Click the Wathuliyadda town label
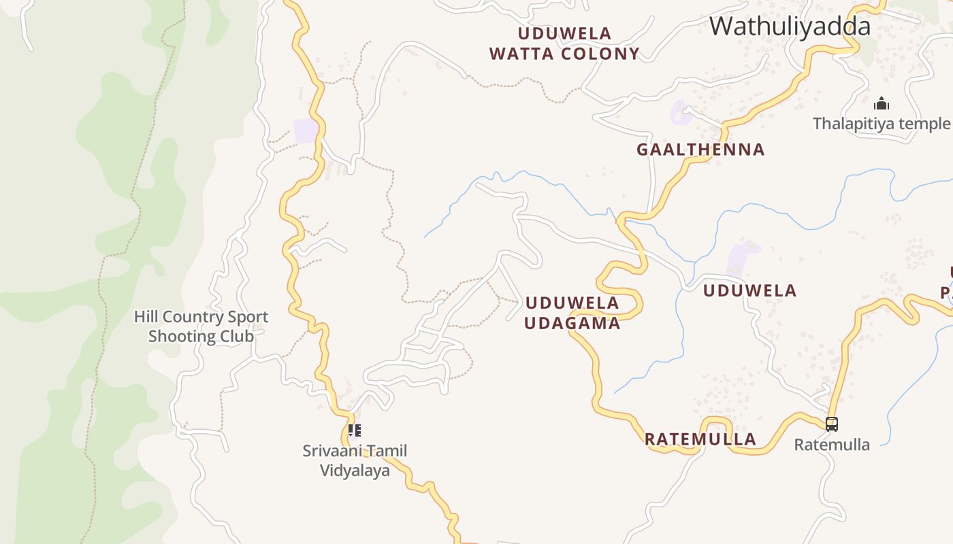click(x=790, y=27)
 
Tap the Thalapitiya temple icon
click(x=882, y=104)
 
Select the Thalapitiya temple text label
click(x=882, y=124)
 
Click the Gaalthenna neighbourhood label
click(x=700, y=150)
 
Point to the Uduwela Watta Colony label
click(x=564, y=44)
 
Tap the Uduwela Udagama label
click(x=572, y=313)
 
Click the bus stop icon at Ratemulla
click(x=831, y=424)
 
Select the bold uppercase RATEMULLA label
click(x=700, y=439)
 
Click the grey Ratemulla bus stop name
click(x=832, y=445)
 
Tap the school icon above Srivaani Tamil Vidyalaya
click(x=354, y=430)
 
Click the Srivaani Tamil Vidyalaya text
click(x=355, y=460)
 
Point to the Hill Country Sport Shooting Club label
click(x=201, y=326)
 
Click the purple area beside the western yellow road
click(x=306, y=131)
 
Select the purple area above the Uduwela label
click(x=741, y=257)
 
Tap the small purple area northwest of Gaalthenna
click(x=680, y=112)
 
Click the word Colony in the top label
click(x=602, y=54)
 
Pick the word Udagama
click(x=572, y=324)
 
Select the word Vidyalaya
click(x=355, y=471)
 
